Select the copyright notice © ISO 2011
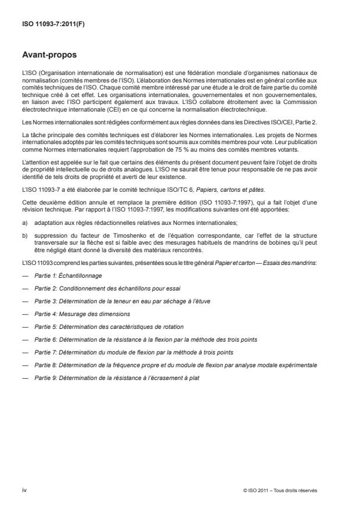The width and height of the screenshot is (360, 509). [x=280, y=490]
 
